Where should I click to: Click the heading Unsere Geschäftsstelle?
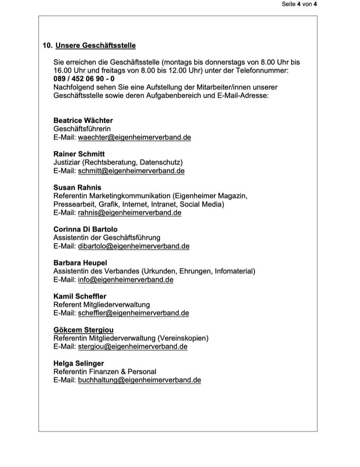pos(96,45)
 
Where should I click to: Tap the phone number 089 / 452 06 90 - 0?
pos(84,79)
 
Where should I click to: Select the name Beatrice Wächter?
pos(83,120)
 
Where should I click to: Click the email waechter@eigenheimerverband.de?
pos(134,137)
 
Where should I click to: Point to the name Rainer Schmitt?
pos(79,154)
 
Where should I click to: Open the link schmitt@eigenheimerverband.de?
pos(131,171)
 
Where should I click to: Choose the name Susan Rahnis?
pos(77,187)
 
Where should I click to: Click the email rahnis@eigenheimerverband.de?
pos(130,213)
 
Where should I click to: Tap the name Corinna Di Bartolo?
pos(85,229)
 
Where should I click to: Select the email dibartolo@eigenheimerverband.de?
pos(133,246)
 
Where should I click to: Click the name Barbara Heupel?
pos(80,263)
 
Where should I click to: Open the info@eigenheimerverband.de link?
pos(125,280)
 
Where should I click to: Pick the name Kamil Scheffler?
pos(80,296)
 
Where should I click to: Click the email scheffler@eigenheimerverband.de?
pos(133,313)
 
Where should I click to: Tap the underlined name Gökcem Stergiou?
pos(83,330)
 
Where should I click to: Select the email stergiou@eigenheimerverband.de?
pos(133,347)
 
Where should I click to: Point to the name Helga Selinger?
pos(79,363)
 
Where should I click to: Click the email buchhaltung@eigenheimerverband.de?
pos(139,380)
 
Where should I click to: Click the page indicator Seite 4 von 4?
pos(299,4)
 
